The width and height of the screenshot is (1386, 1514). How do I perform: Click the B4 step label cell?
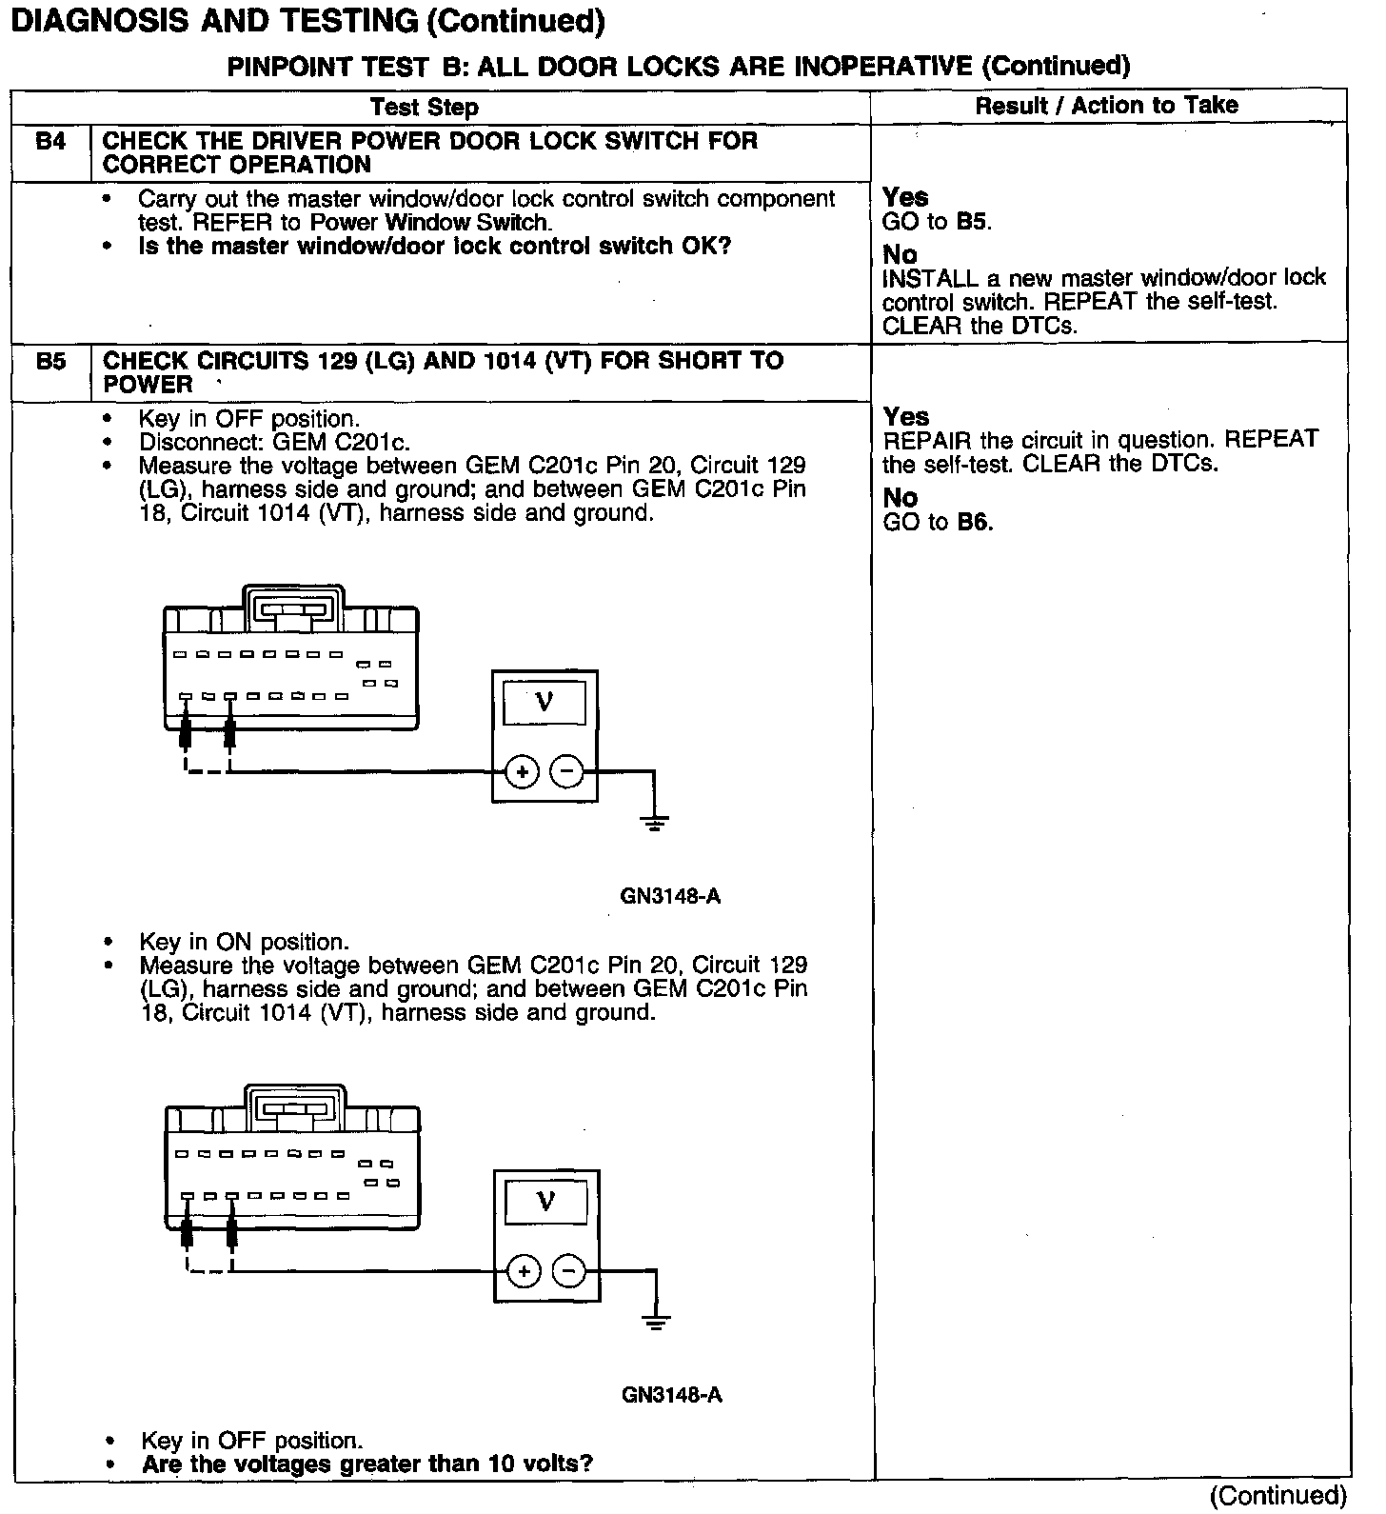coord(51,143)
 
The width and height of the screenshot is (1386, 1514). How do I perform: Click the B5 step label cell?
coord(51,363)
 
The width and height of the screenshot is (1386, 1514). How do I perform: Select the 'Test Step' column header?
coord(425,107)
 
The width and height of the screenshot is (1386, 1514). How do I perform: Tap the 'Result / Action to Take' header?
coord(1106,106)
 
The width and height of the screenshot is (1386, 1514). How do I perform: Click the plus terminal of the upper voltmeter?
coord(522,772)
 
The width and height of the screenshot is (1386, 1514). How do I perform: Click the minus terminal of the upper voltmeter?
coord(567,772)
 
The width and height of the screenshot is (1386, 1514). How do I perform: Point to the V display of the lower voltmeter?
coord(546,1201)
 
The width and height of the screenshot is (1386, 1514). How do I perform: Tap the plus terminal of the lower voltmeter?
coord(524,1271)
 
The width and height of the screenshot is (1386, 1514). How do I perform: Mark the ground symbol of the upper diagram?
coord(654,823)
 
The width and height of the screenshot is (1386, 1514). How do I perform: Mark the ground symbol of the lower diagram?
coord(656,1322)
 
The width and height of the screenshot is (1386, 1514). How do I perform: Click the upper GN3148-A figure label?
coord(670,896)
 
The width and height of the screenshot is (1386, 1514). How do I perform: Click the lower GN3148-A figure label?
coord(672,1395)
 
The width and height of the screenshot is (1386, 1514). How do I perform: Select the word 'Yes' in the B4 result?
coord(905,197)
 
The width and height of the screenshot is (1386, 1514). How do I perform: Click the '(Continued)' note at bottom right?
coord(1278,1496)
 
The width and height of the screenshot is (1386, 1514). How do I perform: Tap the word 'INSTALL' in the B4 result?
coord(930,278)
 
